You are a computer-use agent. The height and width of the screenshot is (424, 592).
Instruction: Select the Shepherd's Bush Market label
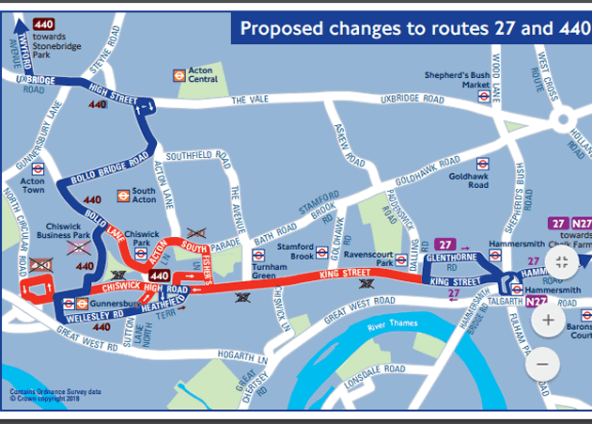pyautogui.click(x=450, y=82)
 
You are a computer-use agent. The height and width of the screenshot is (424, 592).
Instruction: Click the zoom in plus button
pyautogui.click(x=547, y=319)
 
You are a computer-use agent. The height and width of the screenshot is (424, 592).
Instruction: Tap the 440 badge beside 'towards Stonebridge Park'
pyautogui.click(x=43, y=24)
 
